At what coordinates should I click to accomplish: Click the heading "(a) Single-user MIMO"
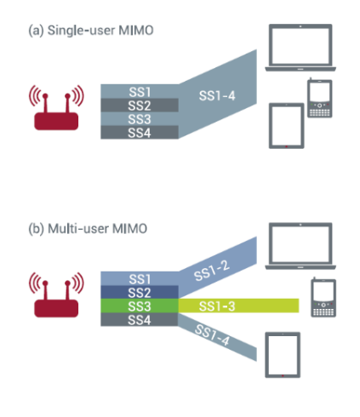[91, 31]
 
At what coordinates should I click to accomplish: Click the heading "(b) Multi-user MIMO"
[88, 229]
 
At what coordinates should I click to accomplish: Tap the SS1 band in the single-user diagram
[140, 91]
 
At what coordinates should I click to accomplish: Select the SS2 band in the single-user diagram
[140, 106]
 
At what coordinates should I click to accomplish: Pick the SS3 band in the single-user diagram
[140, 119]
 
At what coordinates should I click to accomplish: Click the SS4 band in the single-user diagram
[140, 133]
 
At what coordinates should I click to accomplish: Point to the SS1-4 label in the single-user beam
[217, 95]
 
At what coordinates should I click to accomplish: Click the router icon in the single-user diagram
[56, 108]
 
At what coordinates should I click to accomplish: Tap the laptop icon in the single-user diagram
[300, 48]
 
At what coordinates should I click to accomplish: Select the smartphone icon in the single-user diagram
[320, 98]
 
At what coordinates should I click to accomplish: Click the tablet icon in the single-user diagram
[287, 126]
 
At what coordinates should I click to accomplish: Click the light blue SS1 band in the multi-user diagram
[140, 278]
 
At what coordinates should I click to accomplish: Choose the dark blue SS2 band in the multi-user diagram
[140, 292]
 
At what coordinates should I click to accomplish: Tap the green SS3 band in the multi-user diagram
[140, 306]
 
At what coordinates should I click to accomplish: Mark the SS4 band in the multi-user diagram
[140, 319]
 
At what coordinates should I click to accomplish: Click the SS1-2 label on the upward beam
[211, 271]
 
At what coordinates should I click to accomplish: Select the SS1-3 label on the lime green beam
[217, 306]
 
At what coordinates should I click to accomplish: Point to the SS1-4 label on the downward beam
[212, 335]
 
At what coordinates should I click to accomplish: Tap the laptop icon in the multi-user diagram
[300, 246]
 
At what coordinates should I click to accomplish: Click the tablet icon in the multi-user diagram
[283, 355]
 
